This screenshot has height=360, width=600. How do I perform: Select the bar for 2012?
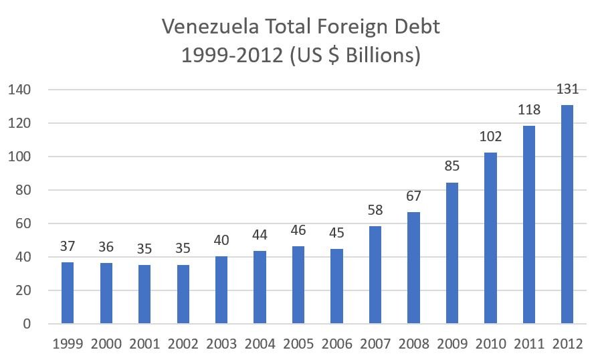pos(567,214)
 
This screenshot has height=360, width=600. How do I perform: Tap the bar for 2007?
pos(375,275)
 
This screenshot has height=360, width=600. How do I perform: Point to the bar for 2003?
pos(221,290)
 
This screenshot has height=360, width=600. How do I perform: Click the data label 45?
pos(337,234)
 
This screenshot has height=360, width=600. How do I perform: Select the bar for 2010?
pos(490,238)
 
